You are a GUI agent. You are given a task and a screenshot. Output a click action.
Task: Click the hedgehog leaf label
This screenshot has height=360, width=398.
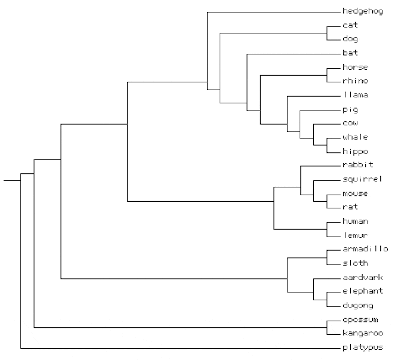(x=362, y=12)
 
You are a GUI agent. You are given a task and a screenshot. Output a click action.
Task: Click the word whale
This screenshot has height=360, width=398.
(x=355, y=138)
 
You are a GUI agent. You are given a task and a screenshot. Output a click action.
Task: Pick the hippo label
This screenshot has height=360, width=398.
(x=355, y=152)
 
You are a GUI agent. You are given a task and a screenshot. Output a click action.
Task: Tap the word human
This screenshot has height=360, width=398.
(x=355, y=222)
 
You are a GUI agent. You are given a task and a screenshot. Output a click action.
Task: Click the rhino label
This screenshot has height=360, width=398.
(x=355, y=82)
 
